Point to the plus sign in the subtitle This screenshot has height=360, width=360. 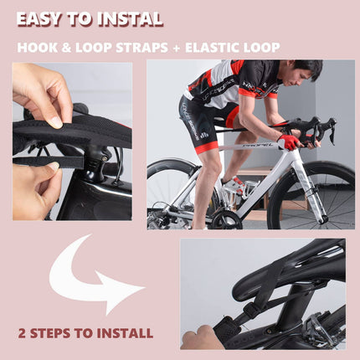click(177, 48)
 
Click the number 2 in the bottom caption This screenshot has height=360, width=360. click(22, 333)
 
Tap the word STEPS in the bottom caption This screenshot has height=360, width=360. click(50, 333)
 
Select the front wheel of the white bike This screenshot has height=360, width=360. click(311, 195)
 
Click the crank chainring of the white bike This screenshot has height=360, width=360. click(225, 220)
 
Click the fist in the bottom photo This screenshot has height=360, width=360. click(198, 338)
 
